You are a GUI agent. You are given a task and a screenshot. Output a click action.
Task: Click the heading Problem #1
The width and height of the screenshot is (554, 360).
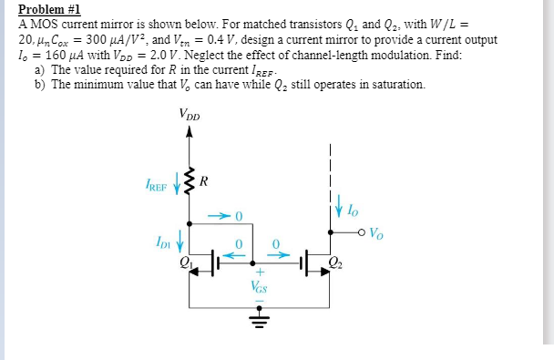[x=49, y=8]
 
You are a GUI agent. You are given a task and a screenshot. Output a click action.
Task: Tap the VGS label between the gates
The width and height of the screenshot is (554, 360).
[x=259, y=286]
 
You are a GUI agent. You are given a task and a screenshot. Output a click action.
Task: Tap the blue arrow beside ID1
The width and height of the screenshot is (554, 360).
[x=180, y=243]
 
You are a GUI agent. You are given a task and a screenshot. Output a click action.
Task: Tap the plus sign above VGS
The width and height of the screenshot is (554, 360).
[x=258, y=272]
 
